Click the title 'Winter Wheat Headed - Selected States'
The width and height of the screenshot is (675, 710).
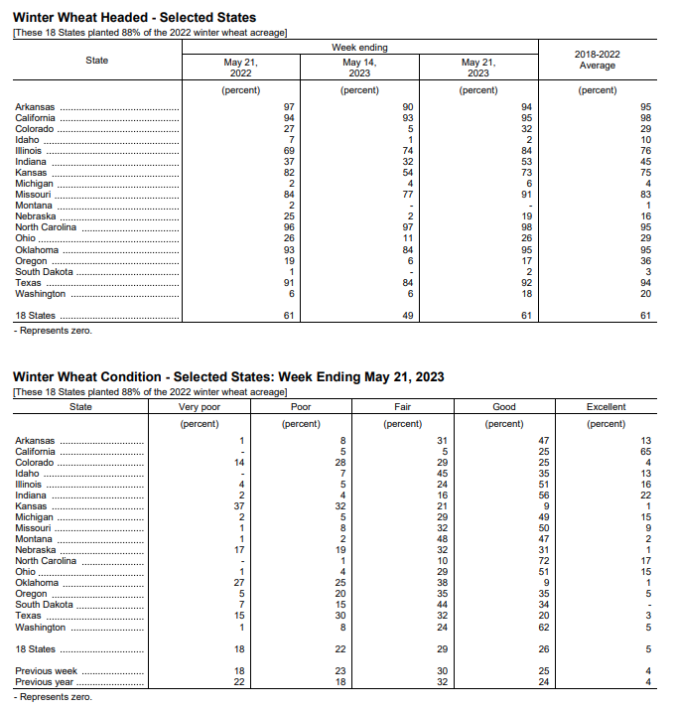(134, 18)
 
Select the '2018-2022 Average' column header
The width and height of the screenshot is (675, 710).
(597, 60)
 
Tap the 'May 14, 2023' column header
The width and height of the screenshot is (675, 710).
(359, 67)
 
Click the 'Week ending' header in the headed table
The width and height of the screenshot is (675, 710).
(359, 47)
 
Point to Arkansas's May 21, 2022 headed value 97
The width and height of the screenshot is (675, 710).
(289, 107)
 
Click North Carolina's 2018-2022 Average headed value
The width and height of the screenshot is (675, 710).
(645, 227)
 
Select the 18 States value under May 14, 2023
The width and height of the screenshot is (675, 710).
(407, 316)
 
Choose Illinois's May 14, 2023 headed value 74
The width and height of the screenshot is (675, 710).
(407, 151)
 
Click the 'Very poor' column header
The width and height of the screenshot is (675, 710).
(200, 407)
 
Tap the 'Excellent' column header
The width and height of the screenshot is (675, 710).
(606, 407)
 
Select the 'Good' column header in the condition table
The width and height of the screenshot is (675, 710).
(504, 407)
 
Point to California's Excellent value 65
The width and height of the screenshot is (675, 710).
(645, 452)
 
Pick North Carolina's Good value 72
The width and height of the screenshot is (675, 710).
(543, 561)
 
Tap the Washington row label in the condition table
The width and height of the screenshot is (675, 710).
(41, 628)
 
